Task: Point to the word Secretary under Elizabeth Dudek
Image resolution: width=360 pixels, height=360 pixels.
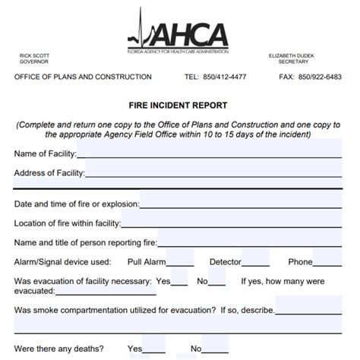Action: pos(293,62)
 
